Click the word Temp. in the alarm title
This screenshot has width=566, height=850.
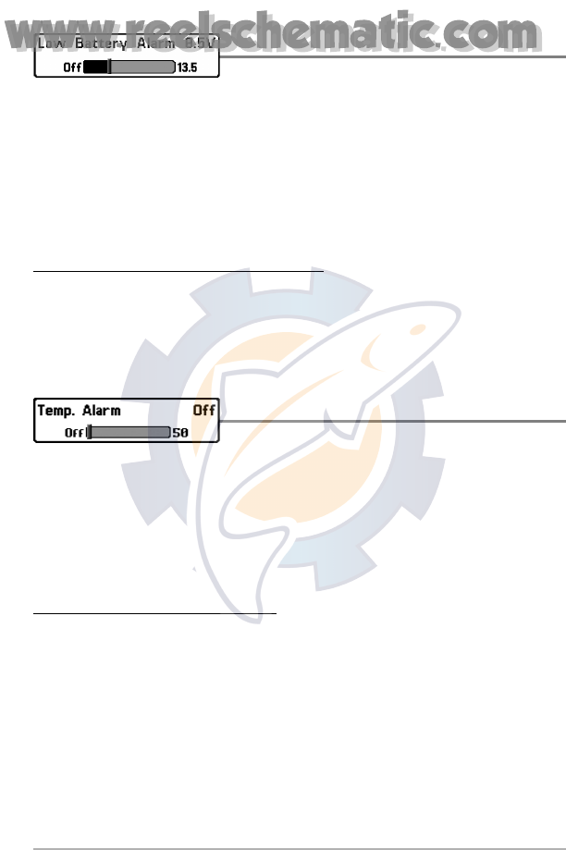57,410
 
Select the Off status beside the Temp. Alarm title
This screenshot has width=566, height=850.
203,410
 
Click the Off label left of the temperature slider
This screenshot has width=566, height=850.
74,432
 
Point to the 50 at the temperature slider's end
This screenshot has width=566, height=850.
181,432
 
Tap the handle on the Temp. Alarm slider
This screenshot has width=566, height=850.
90,432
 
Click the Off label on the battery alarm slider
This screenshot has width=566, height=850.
72,68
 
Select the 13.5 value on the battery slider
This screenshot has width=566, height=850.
187,68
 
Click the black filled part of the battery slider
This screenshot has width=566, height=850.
96,68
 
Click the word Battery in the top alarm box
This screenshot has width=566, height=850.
89,43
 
